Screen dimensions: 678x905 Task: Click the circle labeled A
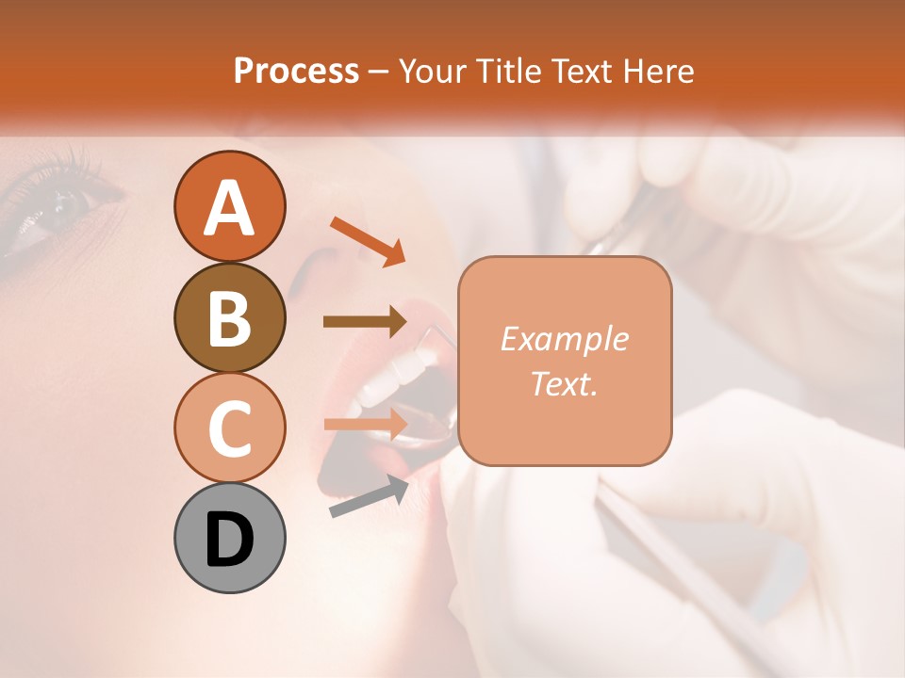pos(229,206)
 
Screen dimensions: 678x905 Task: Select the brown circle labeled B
pos(229,317)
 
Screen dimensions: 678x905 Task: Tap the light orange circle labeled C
pos(229,428)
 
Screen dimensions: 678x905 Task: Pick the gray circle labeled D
pos(229,538)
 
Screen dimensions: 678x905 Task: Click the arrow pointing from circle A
pos(368,241)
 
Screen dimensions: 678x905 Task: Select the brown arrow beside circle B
pos(365,322)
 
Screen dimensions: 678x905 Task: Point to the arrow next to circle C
pos(365,424)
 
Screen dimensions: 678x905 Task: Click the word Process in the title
pos(296,71)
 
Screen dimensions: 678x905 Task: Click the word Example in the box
pos(564,339)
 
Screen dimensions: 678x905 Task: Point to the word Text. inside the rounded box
pos(564,383)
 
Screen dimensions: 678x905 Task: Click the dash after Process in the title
pos(378,72)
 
